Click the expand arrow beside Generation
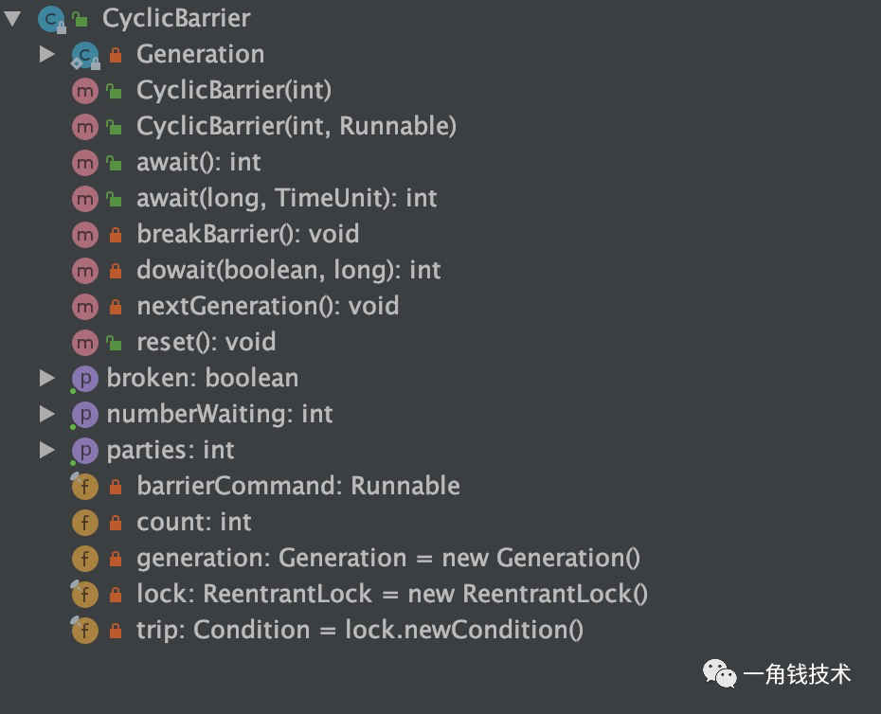[46, 55]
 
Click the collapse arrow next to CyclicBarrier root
[12, 19]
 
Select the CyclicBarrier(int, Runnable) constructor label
[296, 126]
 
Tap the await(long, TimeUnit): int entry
[286, 198]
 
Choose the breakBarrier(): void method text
[247, 234]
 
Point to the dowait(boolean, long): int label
[288, 270]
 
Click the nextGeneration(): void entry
[267, 306]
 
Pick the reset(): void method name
[206, 342]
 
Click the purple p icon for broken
[85, 379]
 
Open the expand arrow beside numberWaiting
[46, 414]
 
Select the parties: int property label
[171, 450]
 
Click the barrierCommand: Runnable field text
[297, 486]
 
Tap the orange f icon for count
[85, 522]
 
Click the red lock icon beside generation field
[116, 559]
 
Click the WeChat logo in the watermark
[718, 673]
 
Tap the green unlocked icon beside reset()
[115, 342]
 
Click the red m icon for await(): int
[85, 162]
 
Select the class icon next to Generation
[85, 55]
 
